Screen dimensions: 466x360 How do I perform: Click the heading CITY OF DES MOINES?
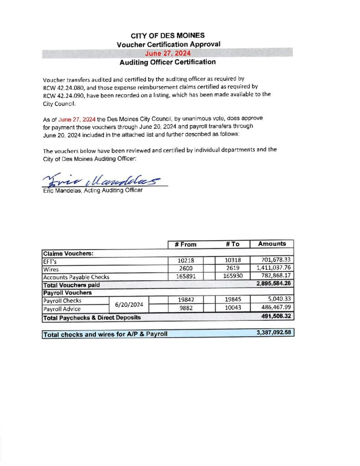click(x=167, y=35)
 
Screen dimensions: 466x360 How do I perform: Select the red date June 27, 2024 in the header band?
click(x=167, y=53)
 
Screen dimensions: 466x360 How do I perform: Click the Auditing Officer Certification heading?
click(x=167, y=62)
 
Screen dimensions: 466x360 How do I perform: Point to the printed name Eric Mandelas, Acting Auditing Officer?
click(x=92, y=190)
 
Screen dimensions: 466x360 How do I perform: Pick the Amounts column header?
click(x=272, y=244)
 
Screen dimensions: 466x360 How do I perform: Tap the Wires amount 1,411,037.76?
click(x=273, y=268)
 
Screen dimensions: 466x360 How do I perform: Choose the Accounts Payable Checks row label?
click(x=76, y=277)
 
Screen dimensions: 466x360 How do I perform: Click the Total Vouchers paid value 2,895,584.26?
click(x=273, y=284)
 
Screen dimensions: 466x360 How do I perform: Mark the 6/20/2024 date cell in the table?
click(x=129, y=305)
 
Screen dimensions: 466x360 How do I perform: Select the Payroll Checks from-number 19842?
click(x=185, y=300)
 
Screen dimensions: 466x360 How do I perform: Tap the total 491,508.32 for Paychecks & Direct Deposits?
click(x=275, y=317)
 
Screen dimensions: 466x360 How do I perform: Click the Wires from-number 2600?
click(x=185, y=268)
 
